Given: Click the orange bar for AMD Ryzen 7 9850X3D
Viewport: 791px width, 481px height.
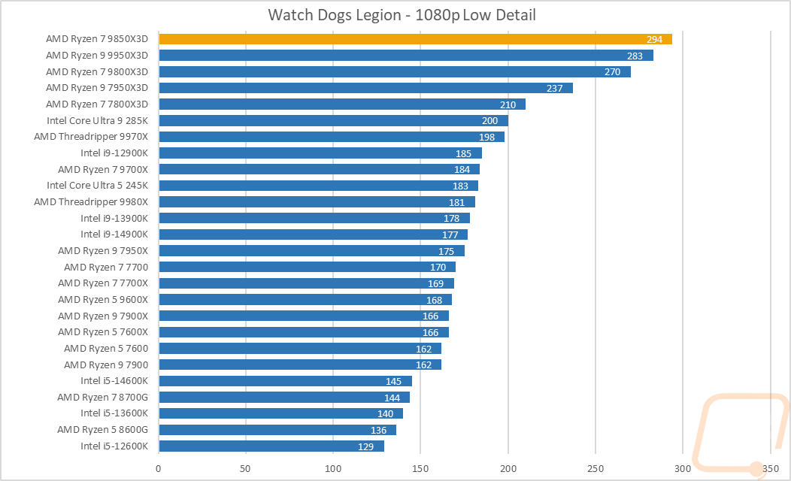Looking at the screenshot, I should pyautogui.click(x=414, y=39).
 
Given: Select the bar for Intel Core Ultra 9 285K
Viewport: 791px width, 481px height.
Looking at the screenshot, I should pyautogui.click(x=333, y=120).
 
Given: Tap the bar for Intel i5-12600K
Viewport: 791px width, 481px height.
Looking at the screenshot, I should pyautogui.click(x=271, y=446).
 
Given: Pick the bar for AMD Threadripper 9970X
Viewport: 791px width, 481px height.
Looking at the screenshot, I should pyautogui.click(x=331, y=137).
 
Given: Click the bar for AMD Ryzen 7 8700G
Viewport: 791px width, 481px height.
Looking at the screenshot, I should pyautogui.click(x=284, y=397).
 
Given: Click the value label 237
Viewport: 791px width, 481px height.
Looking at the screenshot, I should pyautogui.click(x=555, y=88).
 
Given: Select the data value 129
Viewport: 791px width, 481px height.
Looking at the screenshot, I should pyautogui.click(x=366, y=446).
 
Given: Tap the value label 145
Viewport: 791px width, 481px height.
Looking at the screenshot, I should pyautogui.click(x=394, y=381).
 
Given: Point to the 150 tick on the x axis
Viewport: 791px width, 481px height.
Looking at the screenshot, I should pyautogui.click(x=420, y=469).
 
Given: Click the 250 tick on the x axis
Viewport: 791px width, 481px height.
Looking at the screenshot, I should pyautogui.click(x=596, y=469).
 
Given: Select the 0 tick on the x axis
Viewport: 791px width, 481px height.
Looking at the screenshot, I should pyautogui.click(x=159, y=469).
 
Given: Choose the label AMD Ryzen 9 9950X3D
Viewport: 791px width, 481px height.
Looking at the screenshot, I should pyautogui.click(x=97, y=56).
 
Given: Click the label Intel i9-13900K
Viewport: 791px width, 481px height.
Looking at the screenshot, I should pyautogui.click(x=114, y=218).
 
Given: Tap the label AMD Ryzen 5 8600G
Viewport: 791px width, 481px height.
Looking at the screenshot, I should pyautogui.click(x=103, y=429).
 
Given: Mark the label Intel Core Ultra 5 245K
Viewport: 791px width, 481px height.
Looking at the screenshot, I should pyautogui.click(x=98, y=186).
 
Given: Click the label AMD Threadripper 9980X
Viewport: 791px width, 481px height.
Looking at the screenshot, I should pyautogui.click(x=91, y=201).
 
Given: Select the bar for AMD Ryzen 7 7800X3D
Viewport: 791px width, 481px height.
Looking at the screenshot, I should pyautogui.click(x=342, y=104).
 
